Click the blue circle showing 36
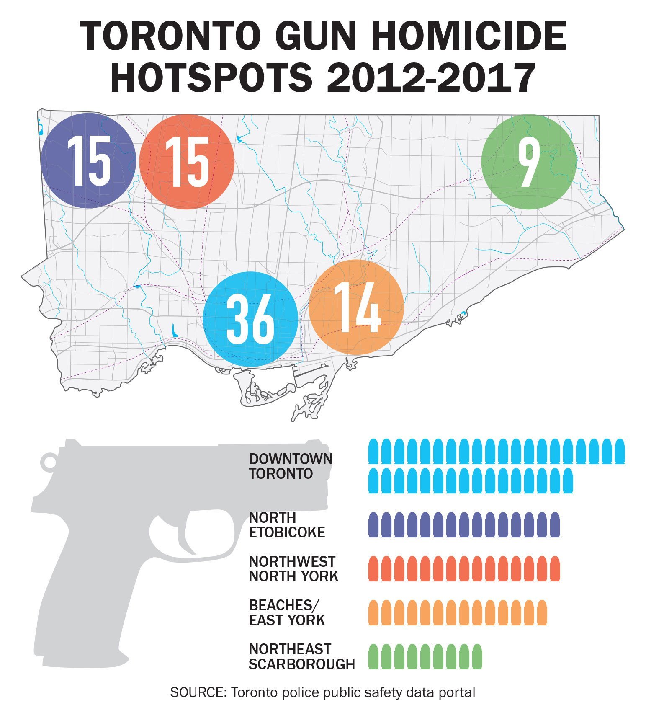tap(250, 319)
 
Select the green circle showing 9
tap(529, 162)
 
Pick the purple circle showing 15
tap(89, 161)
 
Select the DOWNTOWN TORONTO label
tap(290, 466)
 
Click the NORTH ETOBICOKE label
tap(287, 524)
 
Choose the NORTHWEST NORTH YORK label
tap(293, 568)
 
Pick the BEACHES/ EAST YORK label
tap(287, 612)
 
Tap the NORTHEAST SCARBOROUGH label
tap(301, 656)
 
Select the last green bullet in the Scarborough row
tap(477, 656)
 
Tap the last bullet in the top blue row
tap(620, 451)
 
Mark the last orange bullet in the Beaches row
tap(542, 612)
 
